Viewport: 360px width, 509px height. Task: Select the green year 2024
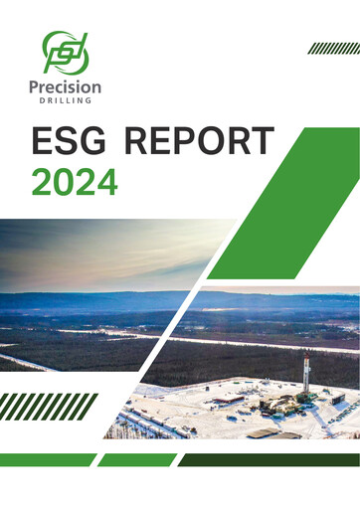(75, 181)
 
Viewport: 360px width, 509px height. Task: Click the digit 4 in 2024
(106, 181)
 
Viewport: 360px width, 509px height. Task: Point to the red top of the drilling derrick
(307, 355)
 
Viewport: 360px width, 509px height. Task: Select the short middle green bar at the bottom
(136, 459)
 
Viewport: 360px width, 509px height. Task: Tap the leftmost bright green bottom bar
(45, 459)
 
